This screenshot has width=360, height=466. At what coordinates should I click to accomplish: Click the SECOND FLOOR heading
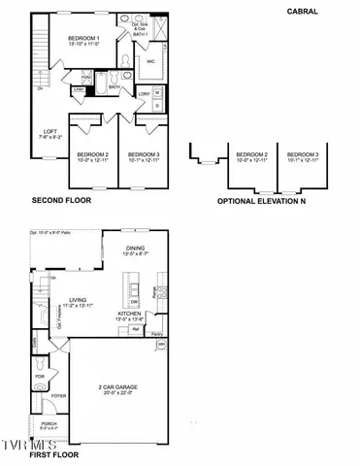(63, 201)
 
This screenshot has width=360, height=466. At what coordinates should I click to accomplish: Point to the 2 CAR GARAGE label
(122, 387)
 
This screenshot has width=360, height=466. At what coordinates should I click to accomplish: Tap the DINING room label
(135, 250)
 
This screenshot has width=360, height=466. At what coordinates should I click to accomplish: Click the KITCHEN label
(131, 315)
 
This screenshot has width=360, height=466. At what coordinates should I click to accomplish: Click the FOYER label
(59, 396)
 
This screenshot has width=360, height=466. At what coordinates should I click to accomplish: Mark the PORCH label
(48, 424)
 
